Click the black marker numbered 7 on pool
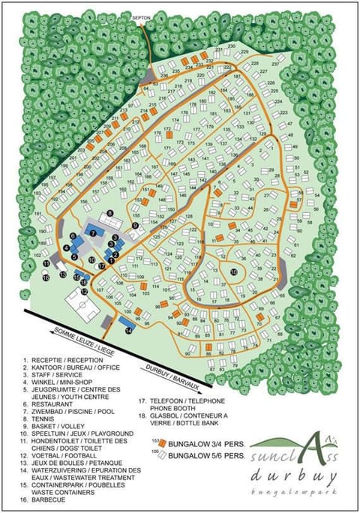pyautogui.click(x=93, y=233)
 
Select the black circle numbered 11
pyautogui.click(x=46, y=263)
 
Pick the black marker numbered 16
pyautogui.click(x=46, y=277)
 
